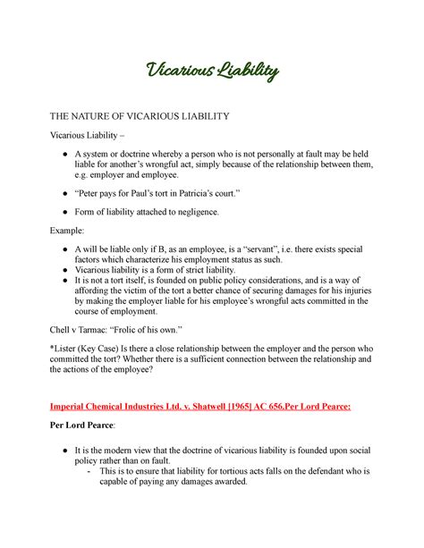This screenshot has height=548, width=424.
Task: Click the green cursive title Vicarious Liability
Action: click(x=212, y=71)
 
